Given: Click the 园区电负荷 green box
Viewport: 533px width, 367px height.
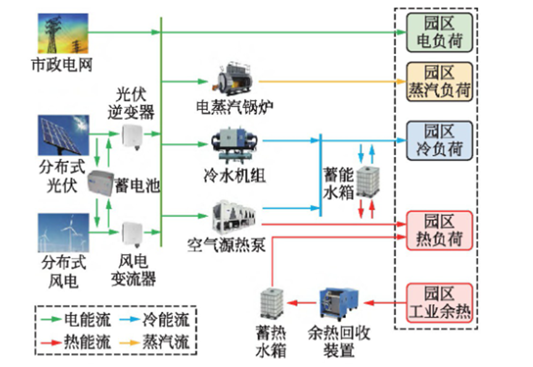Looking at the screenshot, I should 439,33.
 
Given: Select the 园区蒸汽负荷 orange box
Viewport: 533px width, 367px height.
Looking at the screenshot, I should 439,81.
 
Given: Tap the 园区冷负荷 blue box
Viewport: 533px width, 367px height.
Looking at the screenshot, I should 439,140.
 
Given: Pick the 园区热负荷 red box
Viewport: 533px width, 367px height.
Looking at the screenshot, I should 439,229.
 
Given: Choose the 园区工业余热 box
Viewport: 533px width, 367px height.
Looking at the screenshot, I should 439,302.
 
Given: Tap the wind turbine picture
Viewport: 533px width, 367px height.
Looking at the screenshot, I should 62,233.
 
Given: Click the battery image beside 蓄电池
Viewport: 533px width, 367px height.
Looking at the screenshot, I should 101,183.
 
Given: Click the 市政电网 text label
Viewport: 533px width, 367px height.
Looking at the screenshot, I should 62,64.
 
